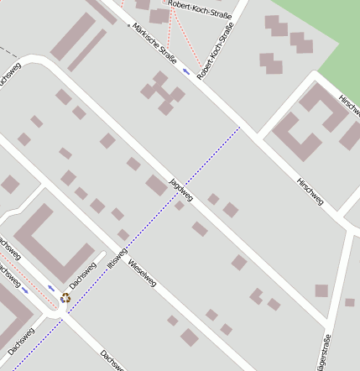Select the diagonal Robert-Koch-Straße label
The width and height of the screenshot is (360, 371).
(215, 53)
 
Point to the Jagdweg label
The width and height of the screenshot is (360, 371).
(181, 190)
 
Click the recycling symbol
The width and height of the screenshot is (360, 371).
(65, 297)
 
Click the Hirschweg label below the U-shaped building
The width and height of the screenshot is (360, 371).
(310, 192)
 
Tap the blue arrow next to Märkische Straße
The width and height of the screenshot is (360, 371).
(185, 71)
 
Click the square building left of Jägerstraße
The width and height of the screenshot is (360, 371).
(321, 290)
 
